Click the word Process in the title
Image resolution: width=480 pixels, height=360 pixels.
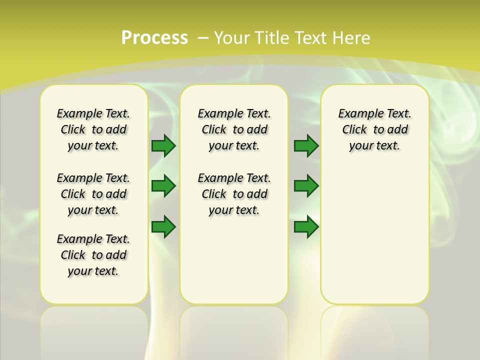(x=154, y=38)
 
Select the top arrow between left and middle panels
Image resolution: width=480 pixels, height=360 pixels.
(x=163, y=145)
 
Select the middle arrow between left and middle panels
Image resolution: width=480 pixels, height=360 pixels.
(x=163, y=186)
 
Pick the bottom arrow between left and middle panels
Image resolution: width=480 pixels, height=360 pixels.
(x=163, y=226)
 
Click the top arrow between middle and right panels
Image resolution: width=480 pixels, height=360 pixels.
(x=306, y=145)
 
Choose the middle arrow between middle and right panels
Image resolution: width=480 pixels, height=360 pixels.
(x=306, y=186)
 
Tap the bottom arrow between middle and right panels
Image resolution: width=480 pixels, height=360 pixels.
(x=306, y=226)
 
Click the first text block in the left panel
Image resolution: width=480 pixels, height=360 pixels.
(x=93, y=129)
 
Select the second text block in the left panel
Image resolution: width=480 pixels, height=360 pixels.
(x=93, y=194)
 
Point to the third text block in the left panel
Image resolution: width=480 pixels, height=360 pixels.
(x=93, y=255)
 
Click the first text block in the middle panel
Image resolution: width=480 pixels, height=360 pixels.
(x=234, y=129)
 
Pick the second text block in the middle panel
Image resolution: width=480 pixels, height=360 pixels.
(x=234, y=194)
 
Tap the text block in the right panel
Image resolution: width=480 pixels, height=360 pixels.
(x=375, y=129)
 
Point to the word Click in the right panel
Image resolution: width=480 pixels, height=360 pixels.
(x=354, y=130)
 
